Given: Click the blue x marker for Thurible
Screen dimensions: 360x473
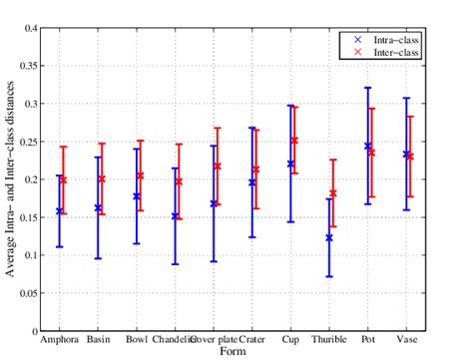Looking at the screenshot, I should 329,237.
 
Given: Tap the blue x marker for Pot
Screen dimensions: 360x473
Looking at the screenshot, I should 367,147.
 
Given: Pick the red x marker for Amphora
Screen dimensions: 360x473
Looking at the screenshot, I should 64,180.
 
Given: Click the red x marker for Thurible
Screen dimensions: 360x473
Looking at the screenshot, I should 333,193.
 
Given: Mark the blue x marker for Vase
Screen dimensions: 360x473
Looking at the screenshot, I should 406,155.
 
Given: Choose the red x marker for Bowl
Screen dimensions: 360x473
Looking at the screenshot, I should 141,176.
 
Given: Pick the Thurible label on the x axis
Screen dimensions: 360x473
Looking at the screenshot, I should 330,339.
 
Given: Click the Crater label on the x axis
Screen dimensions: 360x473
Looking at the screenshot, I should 252,339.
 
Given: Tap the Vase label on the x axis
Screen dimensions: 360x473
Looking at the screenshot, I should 407,339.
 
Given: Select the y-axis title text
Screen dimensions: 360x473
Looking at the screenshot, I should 10,180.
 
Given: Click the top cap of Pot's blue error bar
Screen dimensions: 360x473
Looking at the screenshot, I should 367,88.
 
